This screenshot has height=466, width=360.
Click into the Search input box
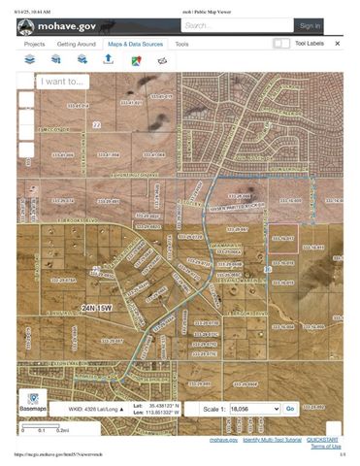coord(228,26)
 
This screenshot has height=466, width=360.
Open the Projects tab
coord(34,45)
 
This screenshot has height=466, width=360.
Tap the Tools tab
coord(182,45)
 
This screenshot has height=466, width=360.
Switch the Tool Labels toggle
coord(281,44)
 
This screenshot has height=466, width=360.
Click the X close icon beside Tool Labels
coord(338,44)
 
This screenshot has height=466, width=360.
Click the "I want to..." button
coord(63,83)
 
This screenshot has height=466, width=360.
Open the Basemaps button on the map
coord(34,403)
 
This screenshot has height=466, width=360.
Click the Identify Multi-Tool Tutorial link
coord(271,439)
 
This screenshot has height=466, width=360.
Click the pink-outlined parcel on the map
coord(282,240)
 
